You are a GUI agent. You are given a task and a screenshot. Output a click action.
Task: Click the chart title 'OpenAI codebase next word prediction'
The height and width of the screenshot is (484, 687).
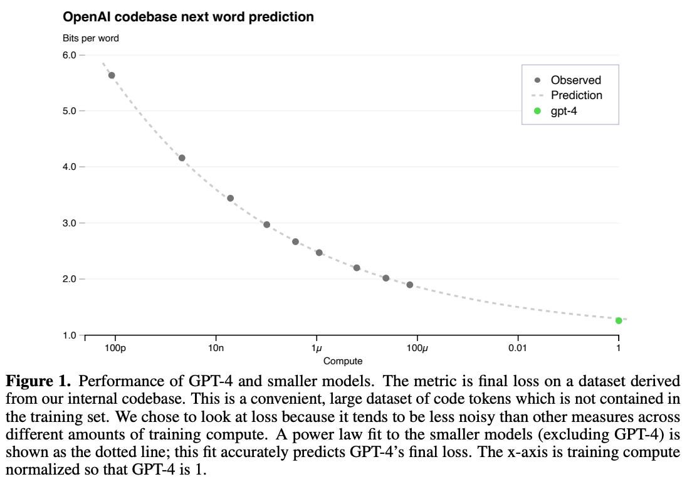tap(188, 17)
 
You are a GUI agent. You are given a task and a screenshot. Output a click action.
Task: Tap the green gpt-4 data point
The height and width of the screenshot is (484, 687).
tap(619, 320)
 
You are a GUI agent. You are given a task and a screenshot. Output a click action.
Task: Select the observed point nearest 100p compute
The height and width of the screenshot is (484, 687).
tap(112, 75)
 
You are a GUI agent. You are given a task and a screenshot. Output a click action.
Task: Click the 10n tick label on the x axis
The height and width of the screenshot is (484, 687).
tap(216, 348)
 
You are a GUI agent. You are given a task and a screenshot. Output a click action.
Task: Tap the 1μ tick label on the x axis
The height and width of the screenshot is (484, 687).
tap(317, 348)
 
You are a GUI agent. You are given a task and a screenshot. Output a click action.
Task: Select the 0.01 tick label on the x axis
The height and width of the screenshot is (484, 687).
tap(518, 348)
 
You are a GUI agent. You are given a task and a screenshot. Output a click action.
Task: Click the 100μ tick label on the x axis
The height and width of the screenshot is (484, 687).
tap(417, 348)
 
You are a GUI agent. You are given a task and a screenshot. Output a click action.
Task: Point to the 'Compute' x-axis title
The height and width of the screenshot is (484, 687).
tap(343, 361)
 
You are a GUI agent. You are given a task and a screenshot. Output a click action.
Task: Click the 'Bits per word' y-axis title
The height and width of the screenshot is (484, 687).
tap(90, 38)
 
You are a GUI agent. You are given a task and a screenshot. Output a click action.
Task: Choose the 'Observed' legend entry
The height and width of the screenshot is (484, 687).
tap(575, 80)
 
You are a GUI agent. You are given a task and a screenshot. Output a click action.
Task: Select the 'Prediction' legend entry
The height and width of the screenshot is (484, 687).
tap(576, 95)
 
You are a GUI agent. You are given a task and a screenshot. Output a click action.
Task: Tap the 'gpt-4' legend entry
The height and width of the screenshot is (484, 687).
tap(564, 111)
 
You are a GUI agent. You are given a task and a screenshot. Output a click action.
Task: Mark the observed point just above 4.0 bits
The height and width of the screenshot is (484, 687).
tap(182, 158)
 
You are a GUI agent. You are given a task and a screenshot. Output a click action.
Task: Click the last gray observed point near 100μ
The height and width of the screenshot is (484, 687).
tap(410, 285)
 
